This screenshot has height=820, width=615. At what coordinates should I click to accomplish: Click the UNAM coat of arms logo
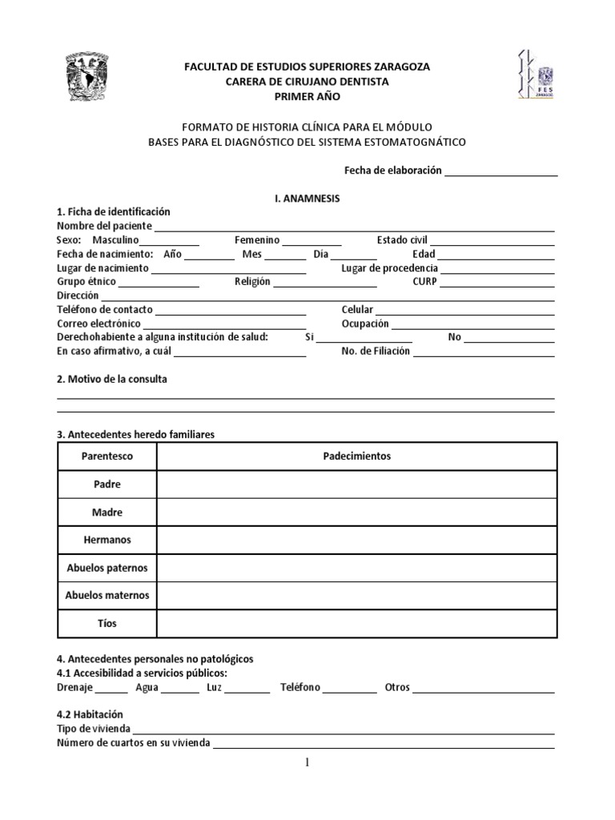coord(90,79)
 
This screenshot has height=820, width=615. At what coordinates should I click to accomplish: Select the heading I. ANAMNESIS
coord(307,199)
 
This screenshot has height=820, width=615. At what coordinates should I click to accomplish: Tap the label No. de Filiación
coord(376,351)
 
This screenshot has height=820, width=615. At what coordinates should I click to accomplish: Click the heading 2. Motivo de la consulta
coord(112,379)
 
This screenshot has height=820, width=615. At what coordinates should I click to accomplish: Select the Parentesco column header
coord(107,456)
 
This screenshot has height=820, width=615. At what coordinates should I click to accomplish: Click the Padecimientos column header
coord(356,456)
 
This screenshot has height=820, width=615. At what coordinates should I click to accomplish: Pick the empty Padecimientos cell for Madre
coord(356,512)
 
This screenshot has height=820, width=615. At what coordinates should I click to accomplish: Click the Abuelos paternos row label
coord(107,568)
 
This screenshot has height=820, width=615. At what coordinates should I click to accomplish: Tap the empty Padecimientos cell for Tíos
coord(356,623)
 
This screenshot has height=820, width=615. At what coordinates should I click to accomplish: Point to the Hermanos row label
coord(107,541)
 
